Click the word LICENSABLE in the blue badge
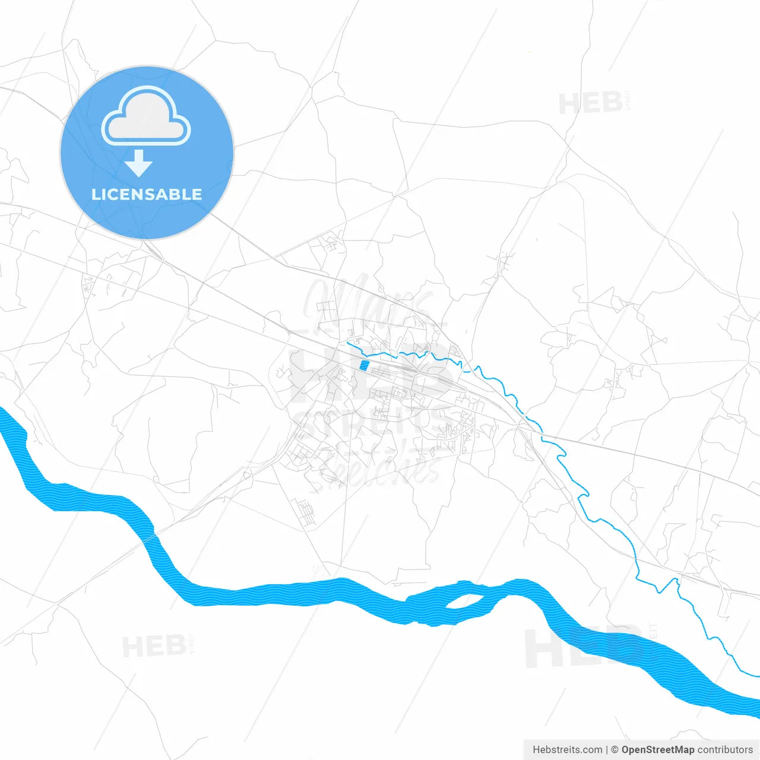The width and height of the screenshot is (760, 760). tap(147, 194)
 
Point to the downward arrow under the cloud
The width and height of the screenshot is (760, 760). tap(138, 163)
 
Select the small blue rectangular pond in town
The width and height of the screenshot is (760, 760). tap(363, 366)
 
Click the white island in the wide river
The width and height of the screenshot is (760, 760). tap(464, 601)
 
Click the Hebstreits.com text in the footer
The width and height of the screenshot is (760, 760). tap(568, 750)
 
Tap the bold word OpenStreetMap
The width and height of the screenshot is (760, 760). tap(658, 750)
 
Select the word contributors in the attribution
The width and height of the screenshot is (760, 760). tap(725, 750)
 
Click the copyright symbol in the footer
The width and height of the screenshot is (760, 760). tap(615, 750)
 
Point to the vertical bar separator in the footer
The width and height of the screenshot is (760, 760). tap(607, 750)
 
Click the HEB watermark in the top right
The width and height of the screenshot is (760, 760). tap(590, 104)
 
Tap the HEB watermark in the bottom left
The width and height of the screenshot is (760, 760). tap(154, 646)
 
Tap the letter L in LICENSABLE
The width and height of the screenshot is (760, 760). tap(95, 194)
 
